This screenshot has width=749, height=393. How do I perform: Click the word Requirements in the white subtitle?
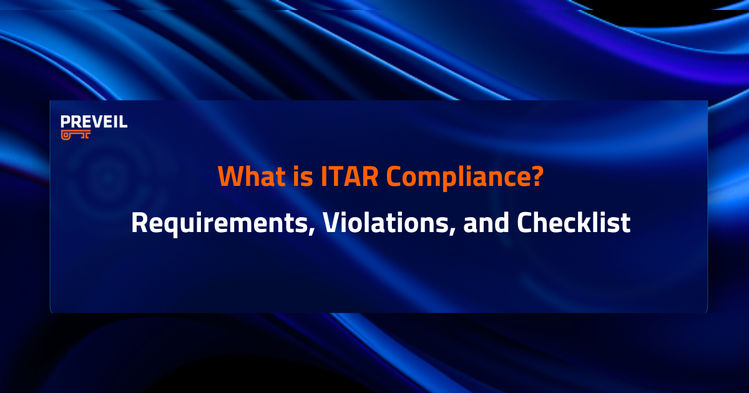tap(220, 223)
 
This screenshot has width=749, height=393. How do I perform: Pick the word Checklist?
tap(574, 223)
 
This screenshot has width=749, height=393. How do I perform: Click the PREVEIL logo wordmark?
tap(94, 122)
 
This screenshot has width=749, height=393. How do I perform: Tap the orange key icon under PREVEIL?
tap(76, 135)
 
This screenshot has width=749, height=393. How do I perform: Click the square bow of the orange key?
tap(66, 134)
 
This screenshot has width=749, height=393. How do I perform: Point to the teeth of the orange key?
tap(85, 137)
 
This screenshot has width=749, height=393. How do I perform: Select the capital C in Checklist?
tap(525, 223)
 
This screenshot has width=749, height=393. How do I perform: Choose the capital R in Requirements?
tap(139, 223)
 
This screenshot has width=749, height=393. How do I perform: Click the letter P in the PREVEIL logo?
tap(65, 122)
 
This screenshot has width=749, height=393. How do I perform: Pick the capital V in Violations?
tap(330, 223)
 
